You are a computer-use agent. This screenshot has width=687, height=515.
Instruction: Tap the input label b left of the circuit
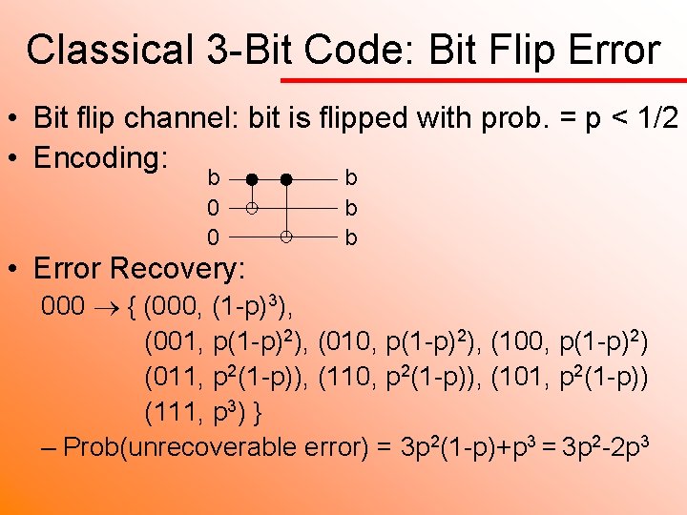(x=215, y=177)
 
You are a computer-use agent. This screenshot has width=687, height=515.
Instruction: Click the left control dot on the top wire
(x=252, y=178)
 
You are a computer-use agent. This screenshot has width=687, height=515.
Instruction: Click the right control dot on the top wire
(x=286, y=178)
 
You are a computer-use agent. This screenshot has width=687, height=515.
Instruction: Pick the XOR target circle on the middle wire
(x=252, y=207)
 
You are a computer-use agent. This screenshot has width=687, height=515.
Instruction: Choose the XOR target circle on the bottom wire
(x=286, y=235)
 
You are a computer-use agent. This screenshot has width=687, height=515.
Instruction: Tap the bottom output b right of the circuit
(x=351, y=237)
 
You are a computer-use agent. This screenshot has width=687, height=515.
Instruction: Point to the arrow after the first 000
(x=104, y=308)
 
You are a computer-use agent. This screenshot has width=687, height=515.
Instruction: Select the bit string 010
(x=348, y=341)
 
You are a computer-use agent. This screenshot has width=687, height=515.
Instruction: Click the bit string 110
(x=347, y=377)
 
